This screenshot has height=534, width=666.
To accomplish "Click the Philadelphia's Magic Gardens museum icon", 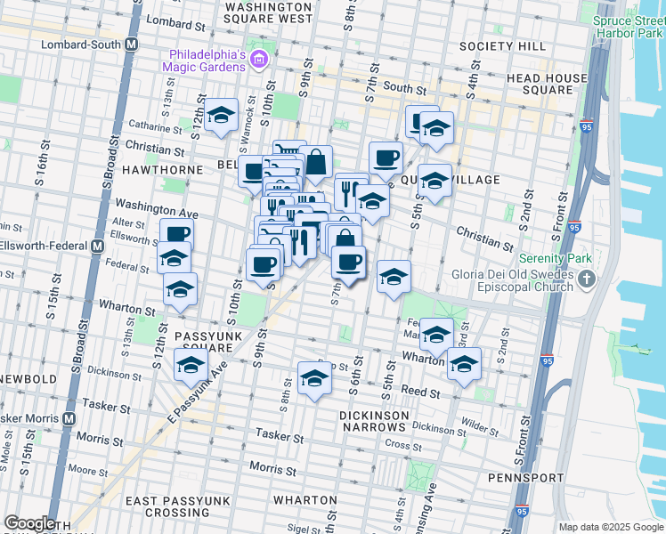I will tap(259, 60).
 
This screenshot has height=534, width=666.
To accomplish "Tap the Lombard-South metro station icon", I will tap(132, 44).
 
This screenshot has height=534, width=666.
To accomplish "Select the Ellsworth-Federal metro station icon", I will tap(99, 246).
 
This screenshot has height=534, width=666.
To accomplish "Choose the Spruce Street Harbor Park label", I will tap(627, 26).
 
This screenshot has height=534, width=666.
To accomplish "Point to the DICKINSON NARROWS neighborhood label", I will tap(385, 421).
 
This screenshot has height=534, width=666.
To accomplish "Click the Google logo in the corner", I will tap(29, 523).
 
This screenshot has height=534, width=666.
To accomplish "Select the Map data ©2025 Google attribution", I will tap(610, 527).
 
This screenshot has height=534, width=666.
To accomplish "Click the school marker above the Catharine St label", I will tap(220, 115).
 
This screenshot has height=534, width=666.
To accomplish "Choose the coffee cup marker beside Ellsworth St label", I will tap(175, 234).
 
